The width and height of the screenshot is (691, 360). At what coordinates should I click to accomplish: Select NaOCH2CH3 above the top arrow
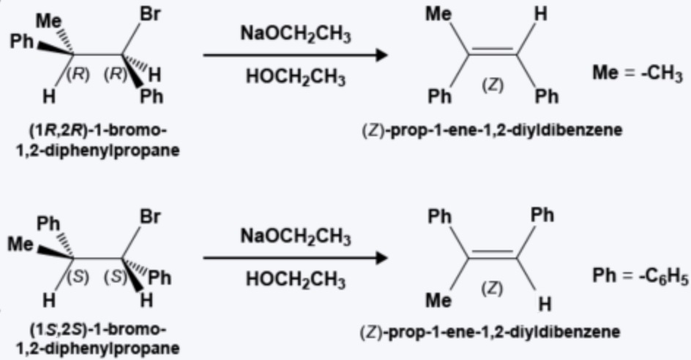[295, 34]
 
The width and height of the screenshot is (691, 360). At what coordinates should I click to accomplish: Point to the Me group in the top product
[439, 15]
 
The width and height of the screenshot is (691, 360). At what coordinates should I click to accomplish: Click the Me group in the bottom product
[439, 300]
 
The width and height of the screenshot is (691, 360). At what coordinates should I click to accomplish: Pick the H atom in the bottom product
[540, 301]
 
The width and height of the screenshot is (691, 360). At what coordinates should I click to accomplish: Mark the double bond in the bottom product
[490, 255]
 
